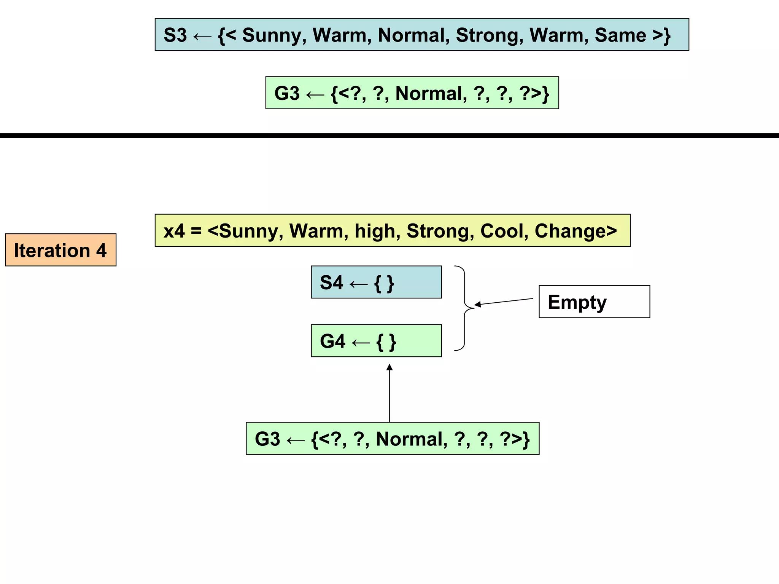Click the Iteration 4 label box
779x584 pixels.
pos(60,250)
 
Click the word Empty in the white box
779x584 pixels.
pos(577,302)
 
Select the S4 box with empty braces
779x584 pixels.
pos(376,282)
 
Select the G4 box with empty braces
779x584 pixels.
pos(376,341)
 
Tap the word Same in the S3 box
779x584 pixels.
pos(620,35)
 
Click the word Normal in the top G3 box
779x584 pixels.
pos(431,94)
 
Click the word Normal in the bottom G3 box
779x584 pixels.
pos(411,439)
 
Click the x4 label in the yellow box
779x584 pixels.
pos(174,231)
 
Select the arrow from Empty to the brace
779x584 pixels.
pos(504,302)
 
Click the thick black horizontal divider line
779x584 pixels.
pos(389,136)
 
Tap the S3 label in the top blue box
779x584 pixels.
pos(175,35)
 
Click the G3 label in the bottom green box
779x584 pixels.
pos(267,439)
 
